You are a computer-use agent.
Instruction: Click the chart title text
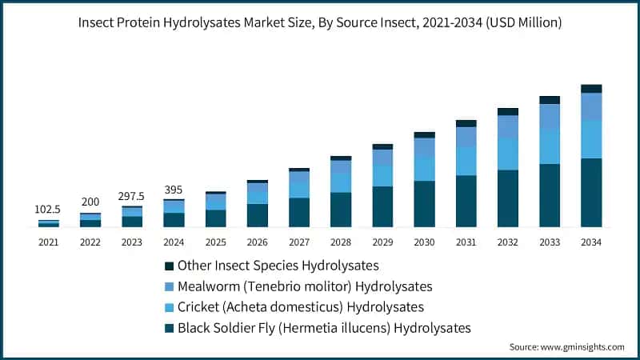click(x=320, y=23)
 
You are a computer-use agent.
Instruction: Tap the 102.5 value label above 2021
click(x=48, y=209)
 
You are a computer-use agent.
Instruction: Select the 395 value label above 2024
click(x=174, y=190)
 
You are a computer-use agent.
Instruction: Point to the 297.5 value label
click(x=132, y=196)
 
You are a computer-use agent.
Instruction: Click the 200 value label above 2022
click(x=90, y=203)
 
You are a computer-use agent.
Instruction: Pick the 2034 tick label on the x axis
click(x=591, y=241)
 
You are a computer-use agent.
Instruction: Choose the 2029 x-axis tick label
click(x=382, y=241)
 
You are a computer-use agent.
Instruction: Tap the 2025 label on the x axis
click(x=215, y=241)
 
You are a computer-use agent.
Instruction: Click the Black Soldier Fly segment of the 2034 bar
click(x=591, y=193)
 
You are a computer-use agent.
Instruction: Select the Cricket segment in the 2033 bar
click(x=550, y=146)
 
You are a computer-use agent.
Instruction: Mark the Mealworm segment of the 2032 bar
click(x=508, y=126)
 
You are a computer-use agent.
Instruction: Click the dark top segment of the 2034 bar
click(x=591, y=89)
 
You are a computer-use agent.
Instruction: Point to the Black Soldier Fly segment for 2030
click(x=424, y=204)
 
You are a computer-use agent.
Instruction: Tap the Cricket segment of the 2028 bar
click(x=341, y=182)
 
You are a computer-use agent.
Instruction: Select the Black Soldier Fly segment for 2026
click(x=257, y=215)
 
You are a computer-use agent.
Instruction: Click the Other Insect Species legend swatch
click(x=169, y=265)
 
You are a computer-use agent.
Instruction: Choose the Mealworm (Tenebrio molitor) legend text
click(x=305, y=286)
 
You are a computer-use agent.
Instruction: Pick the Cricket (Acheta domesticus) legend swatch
click(x=169, y=306)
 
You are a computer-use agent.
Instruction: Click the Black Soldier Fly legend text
click(x=324, y=327)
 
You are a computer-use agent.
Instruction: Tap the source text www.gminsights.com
click(x=566, y=347)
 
